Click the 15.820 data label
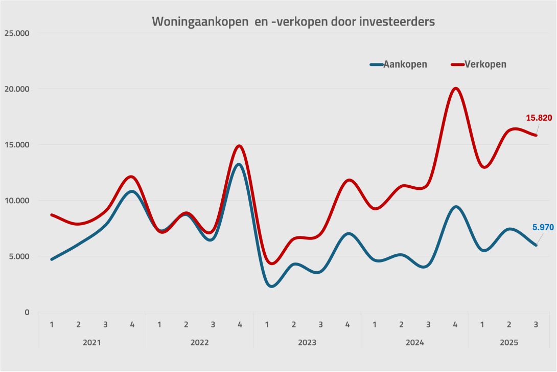pyautogui.click(x=539, y=118)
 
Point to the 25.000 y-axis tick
pyautogui.click(x=17, y=33)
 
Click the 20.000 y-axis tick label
pyautogui.click(x=17, y=89)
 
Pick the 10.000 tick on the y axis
pyautogui.click(x=17, y=201)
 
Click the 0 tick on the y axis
pyautogui.click(x=27, y=312)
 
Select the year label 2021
pyautogui.click(x=91, y=342)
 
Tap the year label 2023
pyautogui.click(x=307, y=342)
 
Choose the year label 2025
pyautogui.click(x=509, y=342)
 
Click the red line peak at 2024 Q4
pyautogui.click(x=456, y=88)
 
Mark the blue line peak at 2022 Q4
pyautogui.click(x=239, y=164)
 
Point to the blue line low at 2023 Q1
pyautogui.click(x=271, y=286)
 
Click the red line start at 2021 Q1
pyautogui.click(x=52, y=215)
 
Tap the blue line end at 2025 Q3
pyautogui.click(x=536, y=245)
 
